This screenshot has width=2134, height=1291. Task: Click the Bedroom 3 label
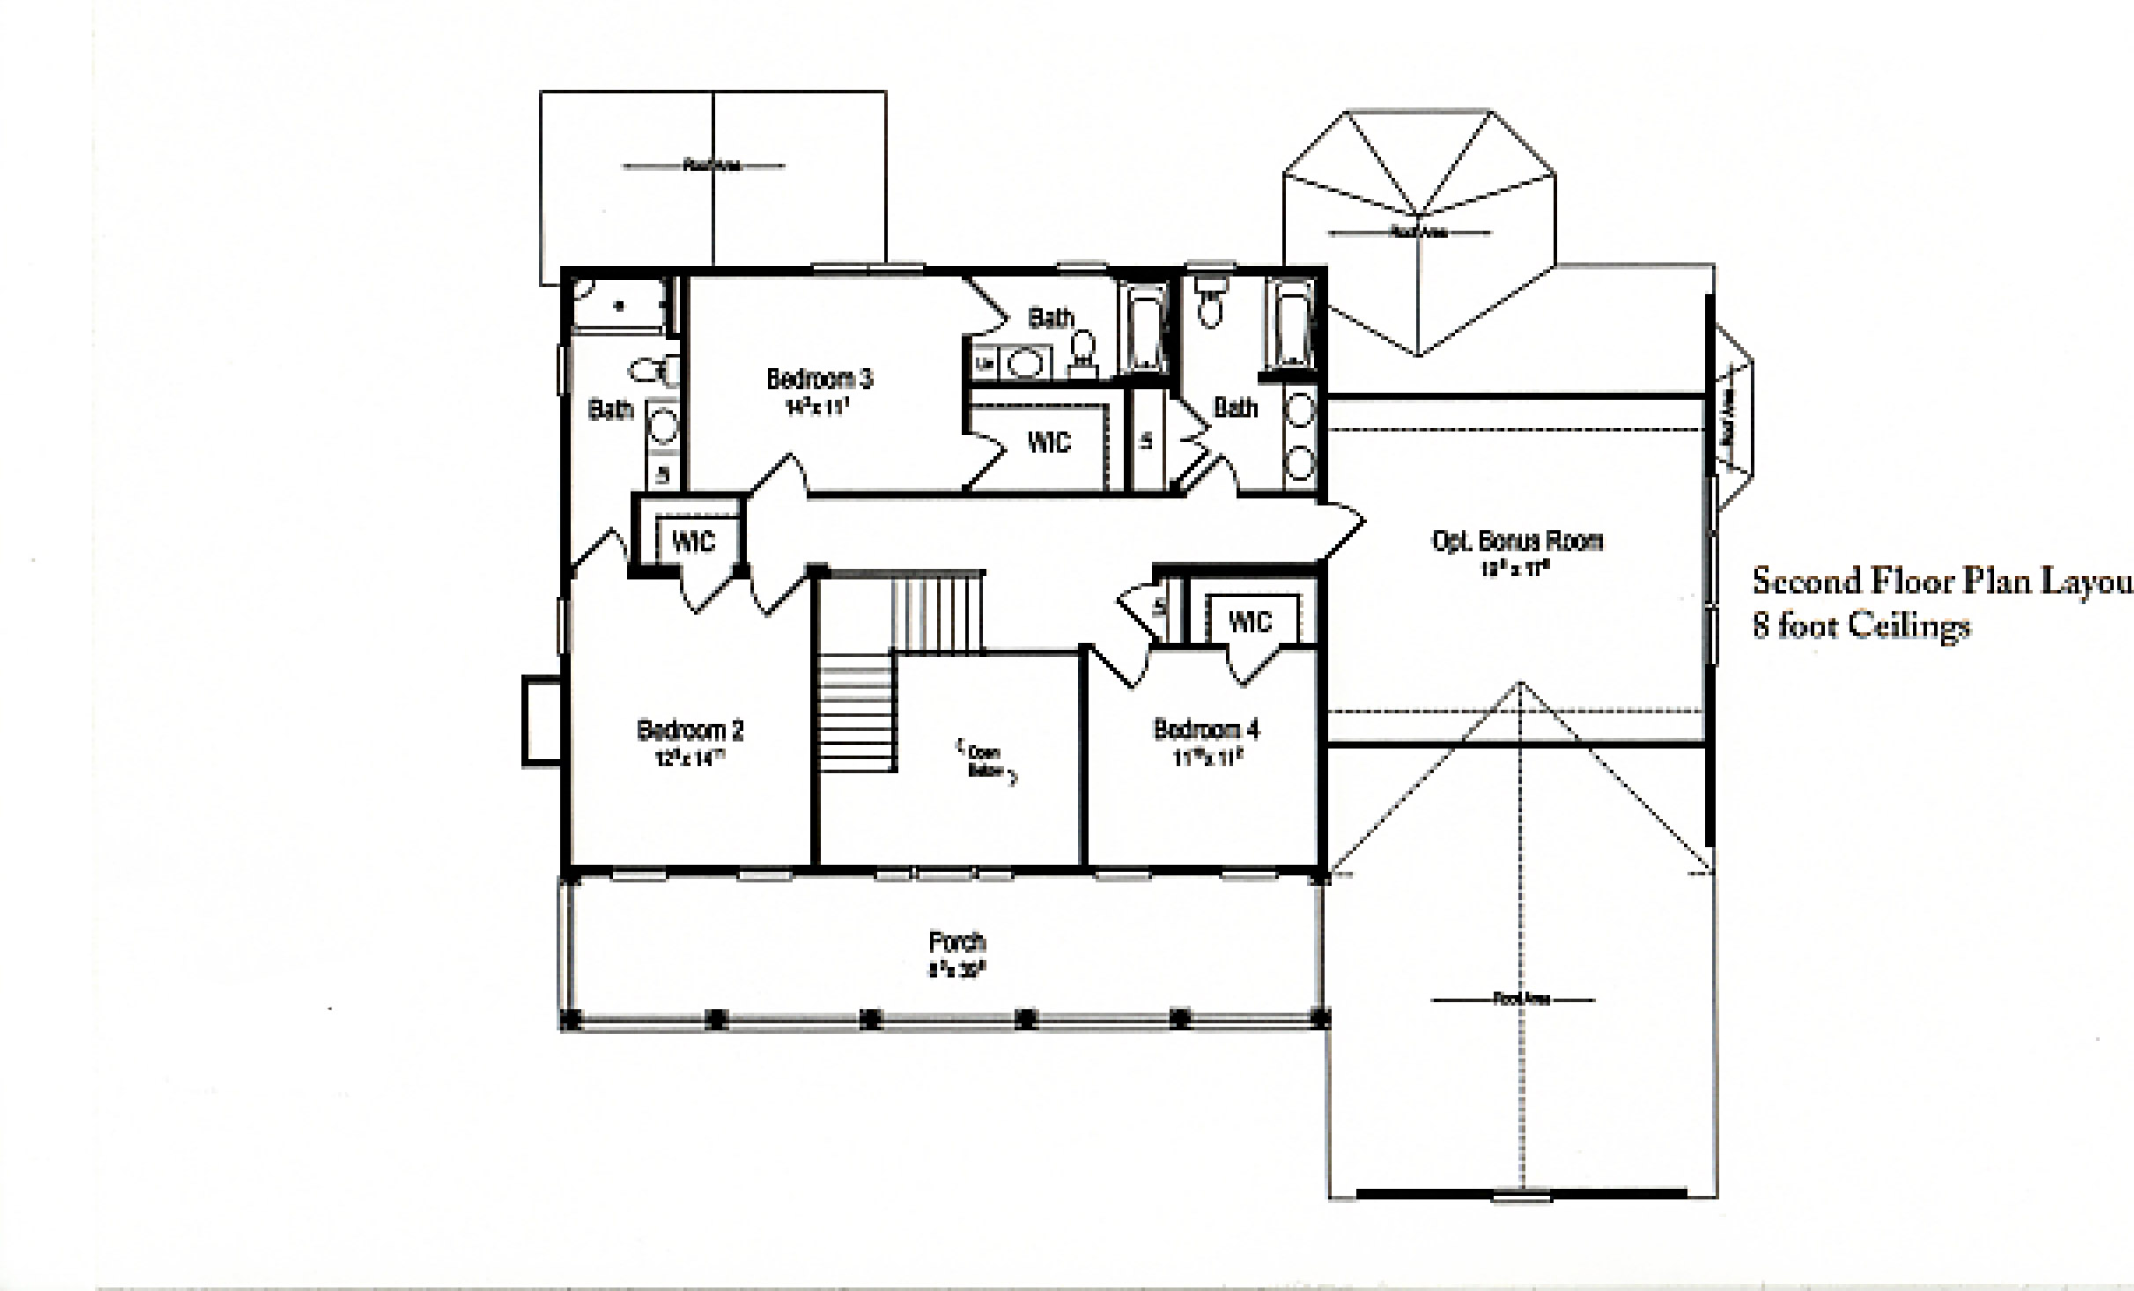point(819,379)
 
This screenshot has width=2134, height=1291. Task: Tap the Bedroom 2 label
point(690,730)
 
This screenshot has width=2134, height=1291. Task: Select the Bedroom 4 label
point(1206,729)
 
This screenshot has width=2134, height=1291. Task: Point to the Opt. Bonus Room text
point(1517,541)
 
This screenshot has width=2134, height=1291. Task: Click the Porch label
point(956,942)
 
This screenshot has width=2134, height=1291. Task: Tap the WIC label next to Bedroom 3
point(1048,441)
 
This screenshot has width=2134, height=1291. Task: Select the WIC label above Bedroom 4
point(1249,622)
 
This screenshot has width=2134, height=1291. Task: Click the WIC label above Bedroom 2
point(693,541)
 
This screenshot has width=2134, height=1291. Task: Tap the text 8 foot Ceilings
point(1860,626)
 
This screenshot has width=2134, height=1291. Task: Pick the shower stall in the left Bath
point(618,305)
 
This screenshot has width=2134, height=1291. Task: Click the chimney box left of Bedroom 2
point(542,719)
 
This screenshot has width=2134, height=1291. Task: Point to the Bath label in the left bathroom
point(610,409)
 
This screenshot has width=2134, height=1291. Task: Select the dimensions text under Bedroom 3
point(819,407)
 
